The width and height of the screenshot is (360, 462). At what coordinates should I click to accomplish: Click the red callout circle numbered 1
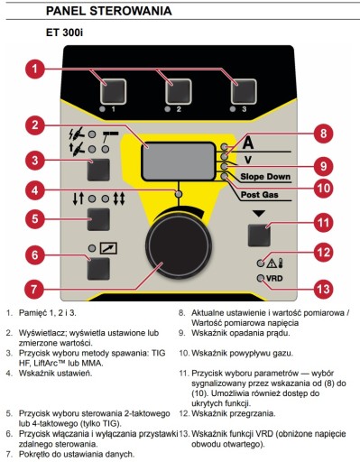35,69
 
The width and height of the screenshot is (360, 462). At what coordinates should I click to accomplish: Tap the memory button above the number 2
179,91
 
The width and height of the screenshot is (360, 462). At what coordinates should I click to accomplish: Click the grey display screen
179,162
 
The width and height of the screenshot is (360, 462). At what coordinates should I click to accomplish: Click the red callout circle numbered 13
324,289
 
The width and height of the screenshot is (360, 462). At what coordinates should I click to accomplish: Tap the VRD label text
274,278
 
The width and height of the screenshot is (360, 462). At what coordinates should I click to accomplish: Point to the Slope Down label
265,177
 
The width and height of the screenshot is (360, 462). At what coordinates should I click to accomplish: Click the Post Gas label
260,195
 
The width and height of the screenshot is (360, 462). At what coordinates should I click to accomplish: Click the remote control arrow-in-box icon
108,248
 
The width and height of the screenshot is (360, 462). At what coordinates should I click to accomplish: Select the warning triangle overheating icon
272,263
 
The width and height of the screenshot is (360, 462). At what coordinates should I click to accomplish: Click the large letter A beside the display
248,143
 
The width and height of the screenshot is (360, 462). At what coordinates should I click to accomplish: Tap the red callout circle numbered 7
34,289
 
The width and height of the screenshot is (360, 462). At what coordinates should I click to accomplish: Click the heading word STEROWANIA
131,11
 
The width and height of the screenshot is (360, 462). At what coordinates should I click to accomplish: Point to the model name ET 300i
64,32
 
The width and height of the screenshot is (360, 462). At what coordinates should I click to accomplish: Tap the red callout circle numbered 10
324,189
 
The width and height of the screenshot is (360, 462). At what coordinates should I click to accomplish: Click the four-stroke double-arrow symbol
119,199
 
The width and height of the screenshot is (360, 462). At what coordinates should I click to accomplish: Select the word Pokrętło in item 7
32,454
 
